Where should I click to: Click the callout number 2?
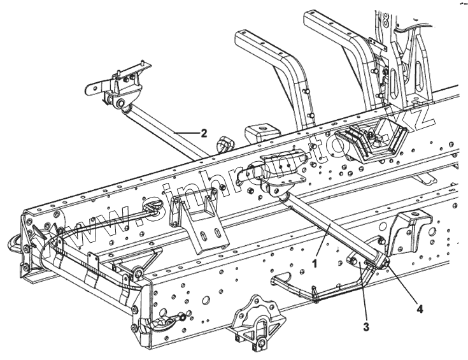pyautogui.click(x=203, y=133)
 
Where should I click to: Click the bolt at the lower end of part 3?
pyautogui.click(x=352, y=261)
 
